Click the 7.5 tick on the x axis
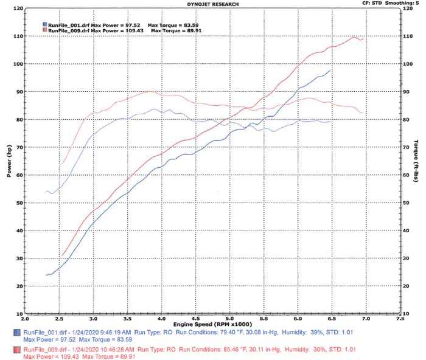[400, 318]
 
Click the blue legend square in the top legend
[44, 24]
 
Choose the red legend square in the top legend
[44, 29]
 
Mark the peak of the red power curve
[354, 37]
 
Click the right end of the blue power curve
[330, 71]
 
